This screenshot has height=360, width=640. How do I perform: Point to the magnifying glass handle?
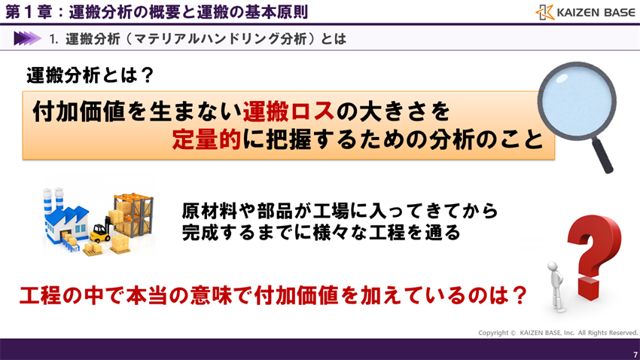coord(602,154)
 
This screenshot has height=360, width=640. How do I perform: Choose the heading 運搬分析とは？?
coord(90,75)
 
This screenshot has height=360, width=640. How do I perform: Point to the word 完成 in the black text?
coord(200,233)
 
